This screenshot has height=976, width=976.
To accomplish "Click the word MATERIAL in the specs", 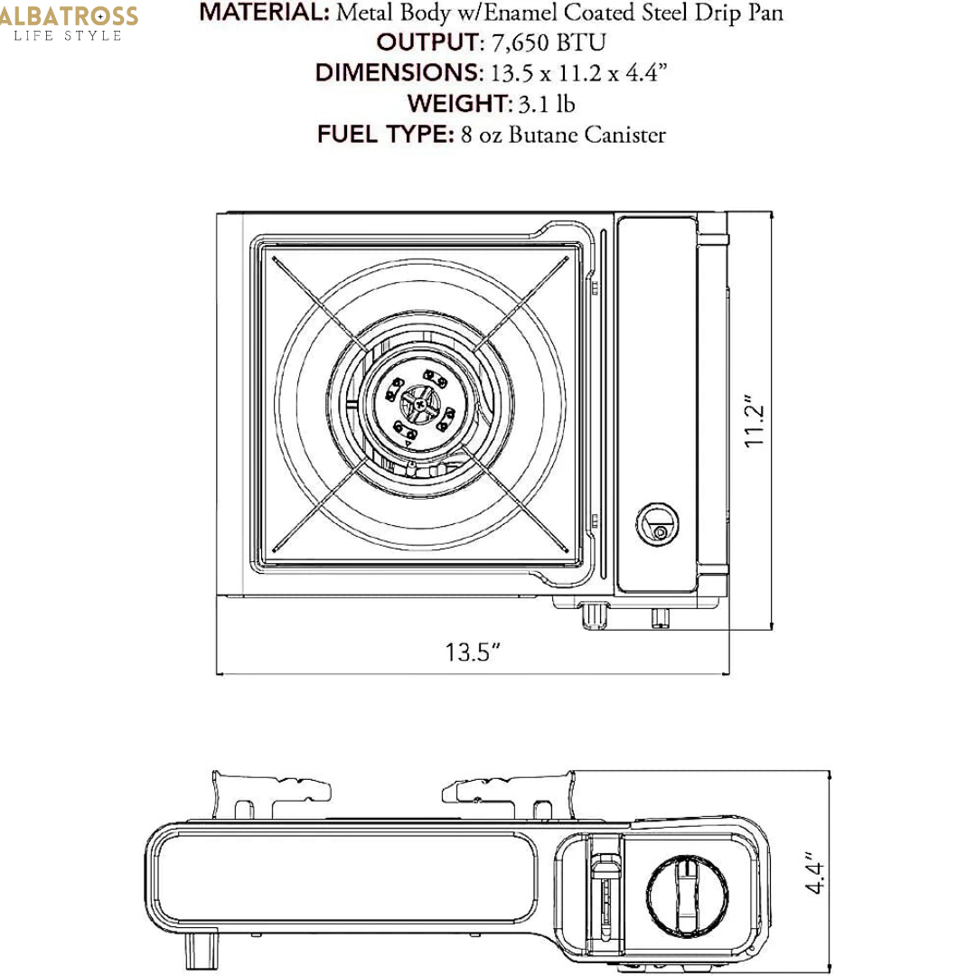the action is coord(264,13).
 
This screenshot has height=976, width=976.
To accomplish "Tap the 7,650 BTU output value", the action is coord(549,42).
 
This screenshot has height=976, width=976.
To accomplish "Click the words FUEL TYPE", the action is coord(385,135).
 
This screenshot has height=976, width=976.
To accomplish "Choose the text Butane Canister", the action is coord(587,135).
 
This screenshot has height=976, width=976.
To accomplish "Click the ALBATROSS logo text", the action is coord(69,16).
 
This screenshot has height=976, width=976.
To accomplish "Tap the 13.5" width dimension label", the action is coord(473,652).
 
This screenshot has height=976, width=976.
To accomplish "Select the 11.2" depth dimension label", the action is coord(754,420).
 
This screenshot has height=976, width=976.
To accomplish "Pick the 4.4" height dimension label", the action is coord(815,873).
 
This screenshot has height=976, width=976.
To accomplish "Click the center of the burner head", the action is coord(421,404).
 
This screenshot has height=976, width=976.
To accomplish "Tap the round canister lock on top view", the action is coord(657,525).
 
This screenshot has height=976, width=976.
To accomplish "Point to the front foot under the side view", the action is coord(201,949).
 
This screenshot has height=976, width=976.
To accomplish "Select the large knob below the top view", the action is coord(595,615).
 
